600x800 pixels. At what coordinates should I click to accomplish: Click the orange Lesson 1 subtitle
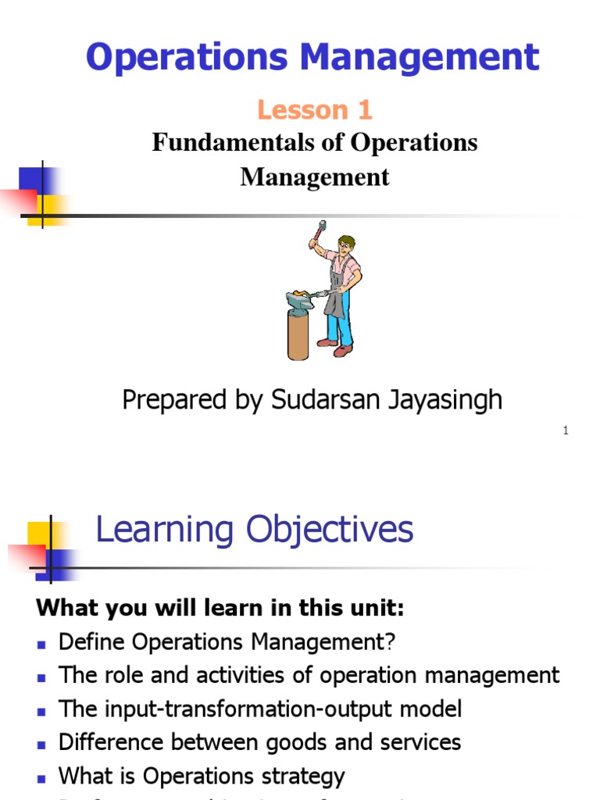click(315, 110)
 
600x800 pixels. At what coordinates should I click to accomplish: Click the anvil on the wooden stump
click(301, 299)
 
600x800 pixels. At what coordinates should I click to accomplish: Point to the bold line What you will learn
click(221, 608)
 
